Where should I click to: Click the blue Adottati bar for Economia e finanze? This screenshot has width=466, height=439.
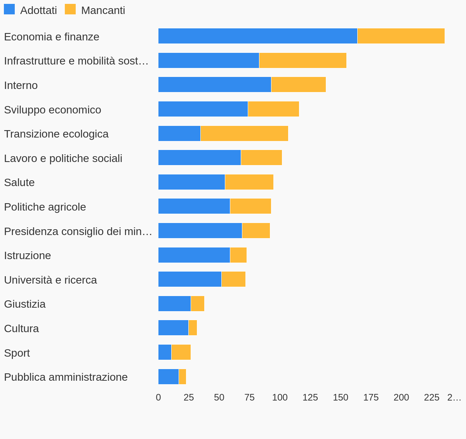(x=257, y=36)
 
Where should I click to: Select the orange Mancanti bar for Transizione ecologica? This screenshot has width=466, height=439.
(x=244, y=133)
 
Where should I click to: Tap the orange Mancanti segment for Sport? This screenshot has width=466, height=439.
(x=181, y=352)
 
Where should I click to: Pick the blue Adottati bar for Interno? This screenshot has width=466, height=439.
(x=214, y=84)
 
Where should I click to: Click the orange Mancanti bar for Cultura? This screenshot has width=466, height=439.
(x=193, y=328)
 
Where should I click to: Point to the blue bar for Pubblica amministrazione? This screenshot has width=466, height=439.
(x=169, y=376)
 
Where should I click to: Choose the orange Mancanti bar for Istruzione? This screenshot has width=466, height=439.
(x=238, y=255)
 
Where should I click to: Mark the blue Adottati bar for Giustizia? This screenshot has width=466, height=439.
(x=174, y=303)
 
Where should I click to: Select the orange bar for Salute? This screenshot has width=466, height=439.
(x=249, y=182)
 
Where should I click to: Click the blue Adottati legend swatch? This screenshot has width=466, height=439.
(x=9, y=9)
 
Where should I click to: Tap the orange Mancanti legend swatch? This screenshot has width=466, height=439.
(x=70, y=9)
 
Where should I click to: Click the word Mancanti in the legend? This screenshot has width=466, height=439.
(x=103, y=10)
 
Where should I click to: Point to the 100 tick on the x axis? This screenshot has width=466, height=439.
(x=280, y=397)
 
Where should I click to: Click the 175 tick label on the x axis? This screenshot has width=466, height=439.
(x=371, y=397)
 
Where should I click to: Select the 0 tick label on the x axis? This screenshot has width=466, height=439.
(x=158, y=397)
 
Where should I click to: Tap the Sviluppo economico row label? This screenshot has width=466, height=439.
(x=52, y=110)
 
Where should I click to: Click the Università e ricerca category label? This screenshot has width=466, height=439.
(x=50, y=280)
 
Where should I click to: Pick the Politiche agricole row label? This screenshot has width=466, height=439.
(x=45, y=207)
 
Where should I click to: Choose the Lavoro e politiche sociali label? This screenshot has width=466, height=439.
(x=63, y=158)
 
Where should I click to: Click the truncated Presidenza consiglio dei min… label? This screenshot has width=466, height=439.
(x=78, y=231)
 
